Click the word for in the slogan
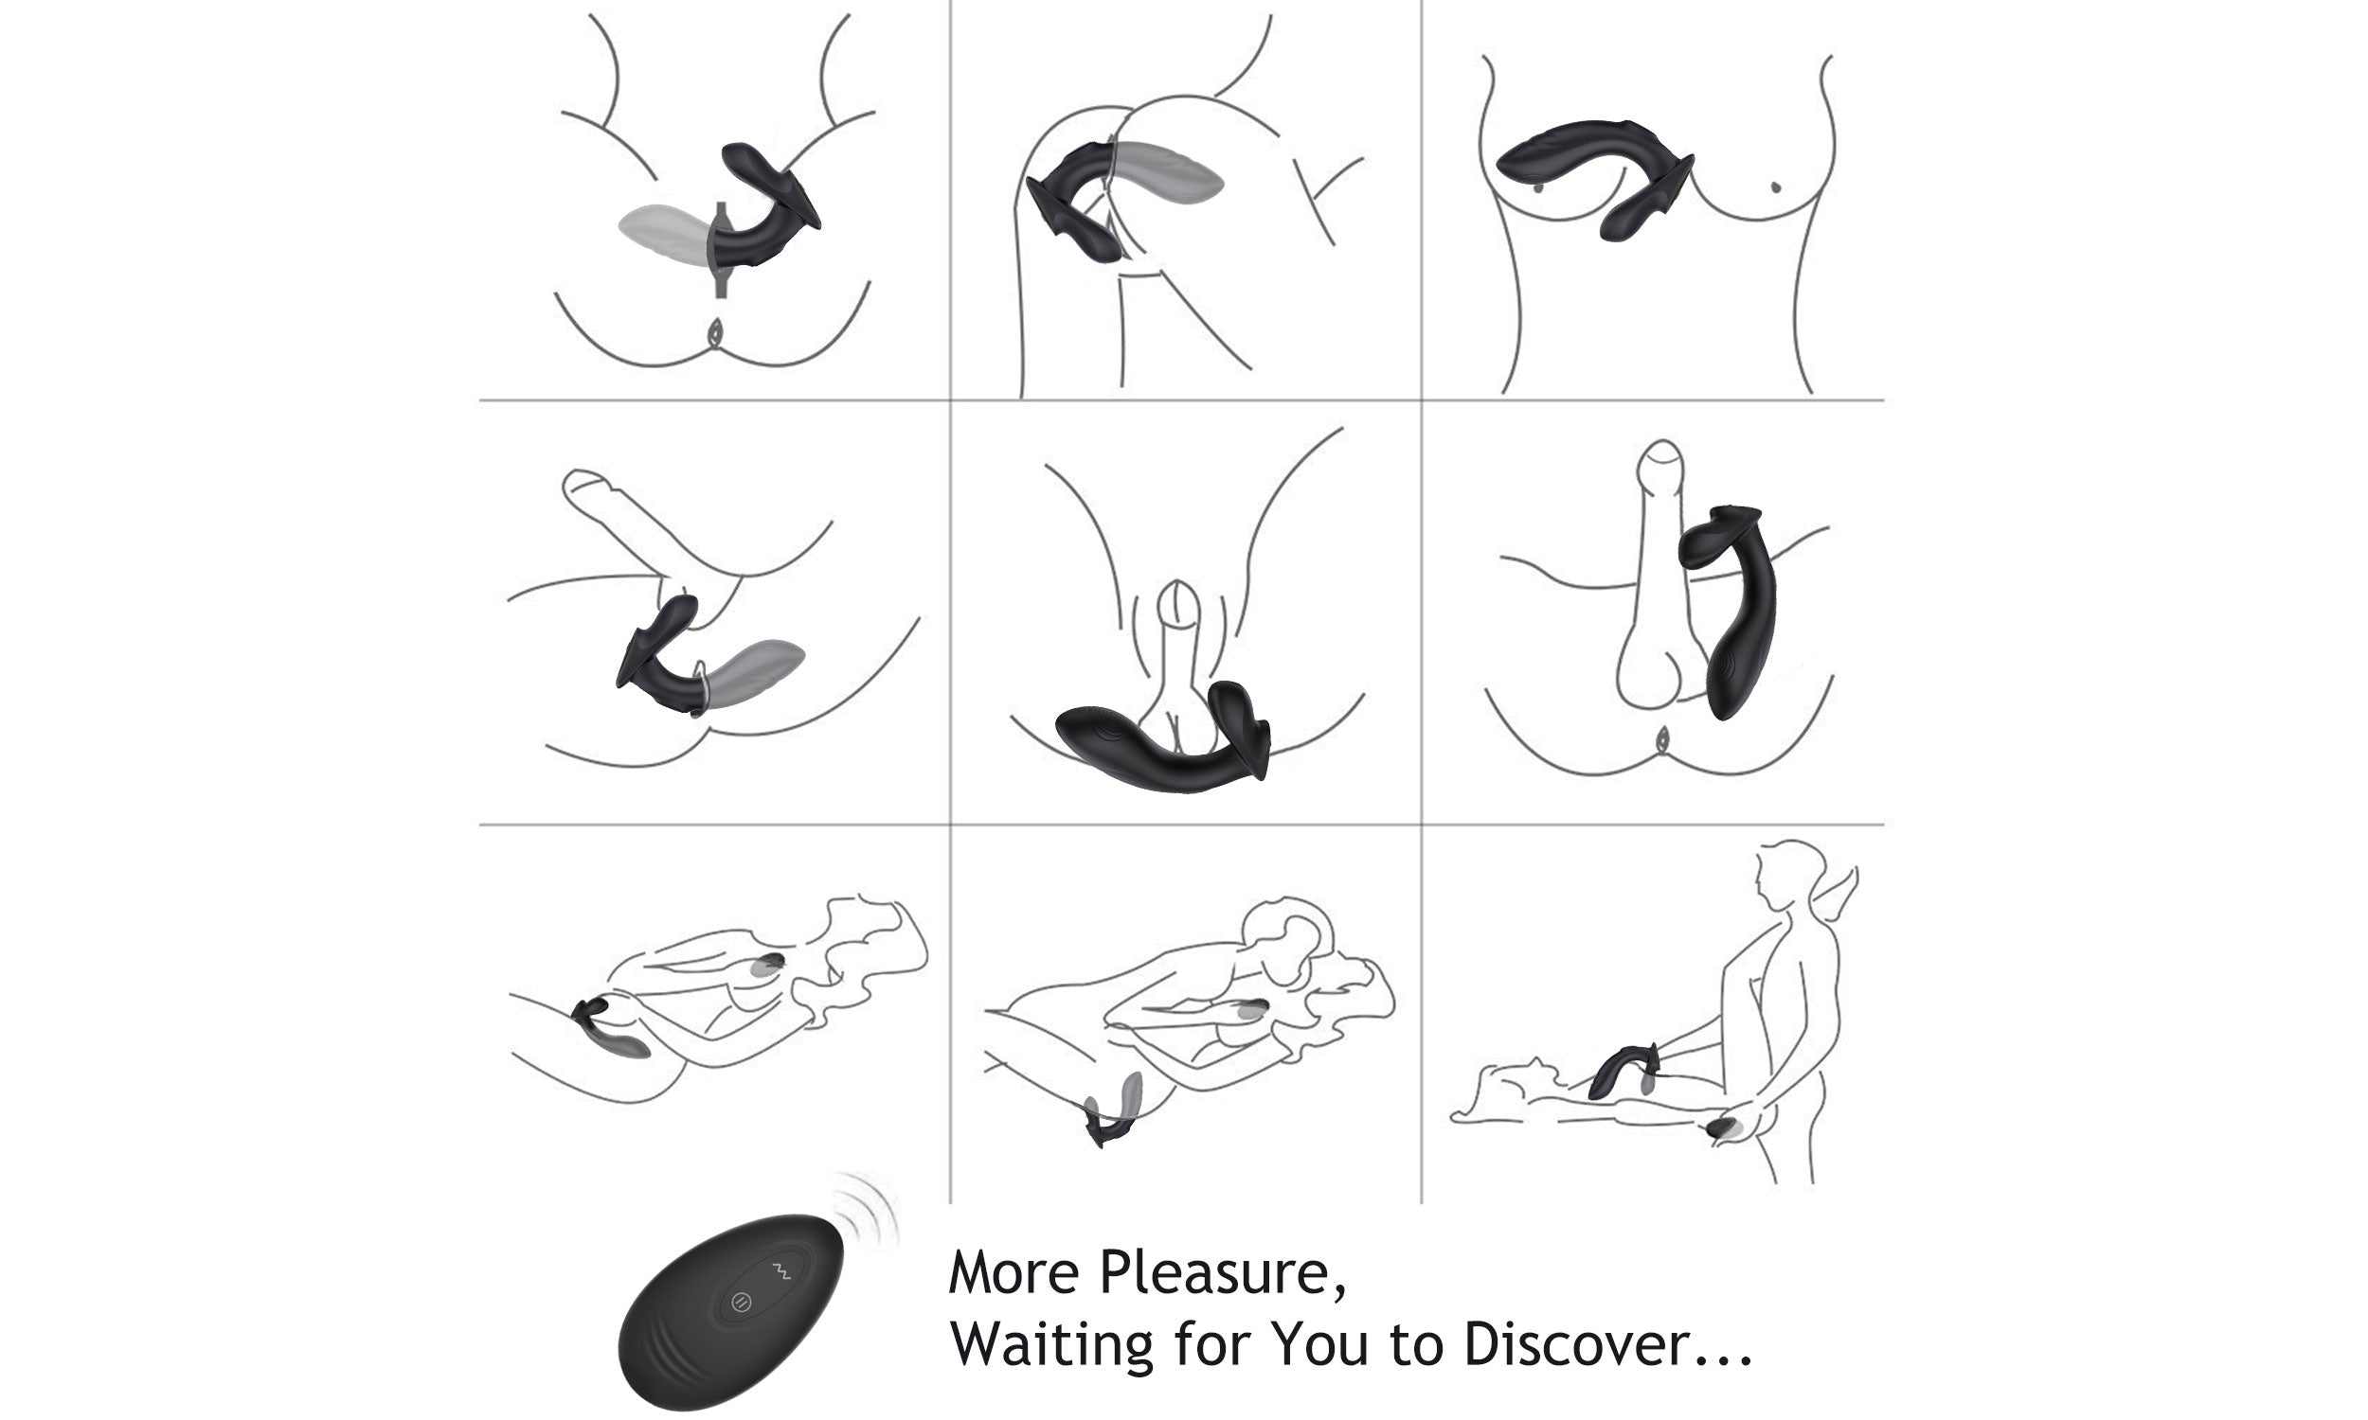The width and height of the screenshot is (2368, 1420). [x=1211, y=1343]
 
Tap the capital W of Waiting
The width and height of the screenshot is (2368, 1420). [x=979, y=1344]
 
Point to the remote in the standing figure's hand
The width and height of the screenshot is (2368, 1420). [x=1722, y=1130]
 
